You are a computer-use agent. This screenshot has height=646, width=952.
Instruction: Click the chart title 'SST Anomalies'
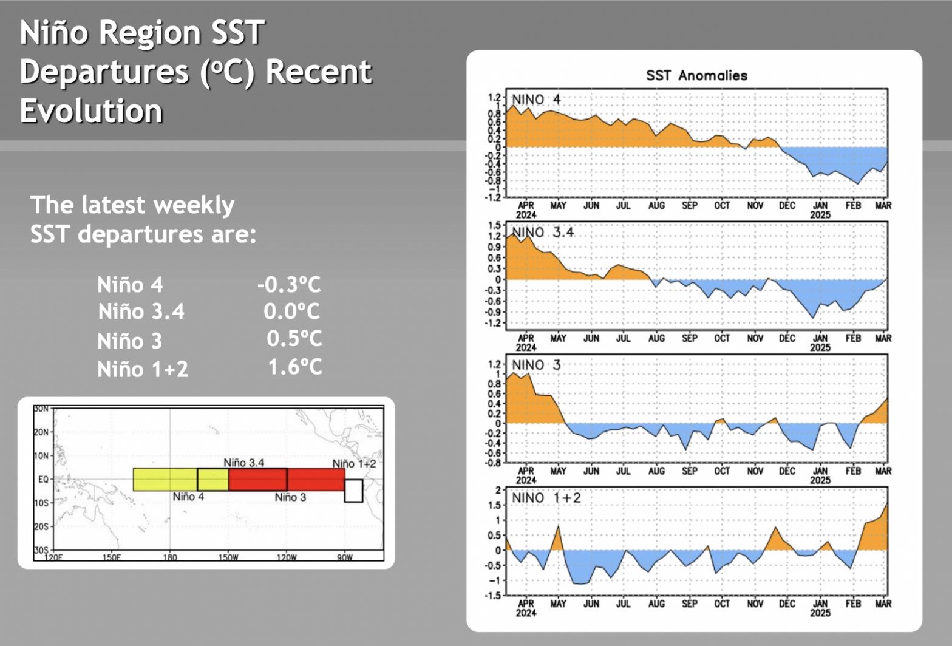tap(696, 75)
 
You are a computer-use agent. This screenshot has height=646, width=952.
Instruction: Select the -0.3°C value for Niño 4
tap(288, 284)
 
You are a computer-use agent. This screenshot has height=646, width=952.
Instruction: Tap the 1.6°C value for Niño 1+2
tap(295, 367)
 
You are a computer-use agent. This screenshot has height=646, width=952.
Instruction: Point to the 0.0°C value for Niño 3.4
tap(291, 311)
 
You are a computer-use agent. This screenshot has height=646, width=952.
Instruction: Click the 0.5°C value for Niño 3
tap(294, 339)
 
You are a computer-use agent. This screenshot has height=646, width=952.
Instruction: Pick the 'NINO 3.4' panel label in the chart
tap(543, 233)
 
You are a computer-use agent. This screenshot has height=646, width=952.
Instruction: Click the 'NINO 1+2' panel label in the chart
tap(546, 498)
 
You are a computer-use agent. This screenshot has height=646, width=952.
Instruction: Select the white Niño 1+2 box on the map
tap(353, 491)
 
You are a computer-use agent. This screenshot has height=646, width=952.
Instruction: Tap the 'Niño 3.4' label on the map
tap(243, 463)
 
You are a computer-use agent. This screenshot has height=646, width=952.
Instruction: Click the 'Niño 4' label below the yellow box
tap(188, 497)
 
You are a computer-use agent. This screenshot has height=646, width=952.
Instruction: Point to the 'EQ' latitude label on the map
tap(43, 480)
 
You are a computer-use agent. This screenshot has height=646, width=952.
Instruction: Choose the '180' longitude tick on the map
tap(170, 557)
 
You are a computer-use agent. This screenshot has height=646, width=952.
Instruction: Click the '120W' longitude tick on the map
tap(287, 557)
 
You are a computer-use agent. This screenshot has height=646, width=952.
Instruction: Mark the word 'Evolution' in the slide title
tap(91, 110)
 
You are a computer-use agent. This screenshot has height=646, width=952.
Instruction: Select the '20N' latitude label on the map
tap(41, 432)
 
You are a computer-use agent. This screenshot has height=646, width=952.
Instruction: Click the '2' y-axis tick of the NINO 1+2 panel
tap(499, 490)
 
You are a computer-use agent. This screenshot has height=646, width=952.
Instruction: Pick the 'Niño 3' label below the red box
tap(290, 497)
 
